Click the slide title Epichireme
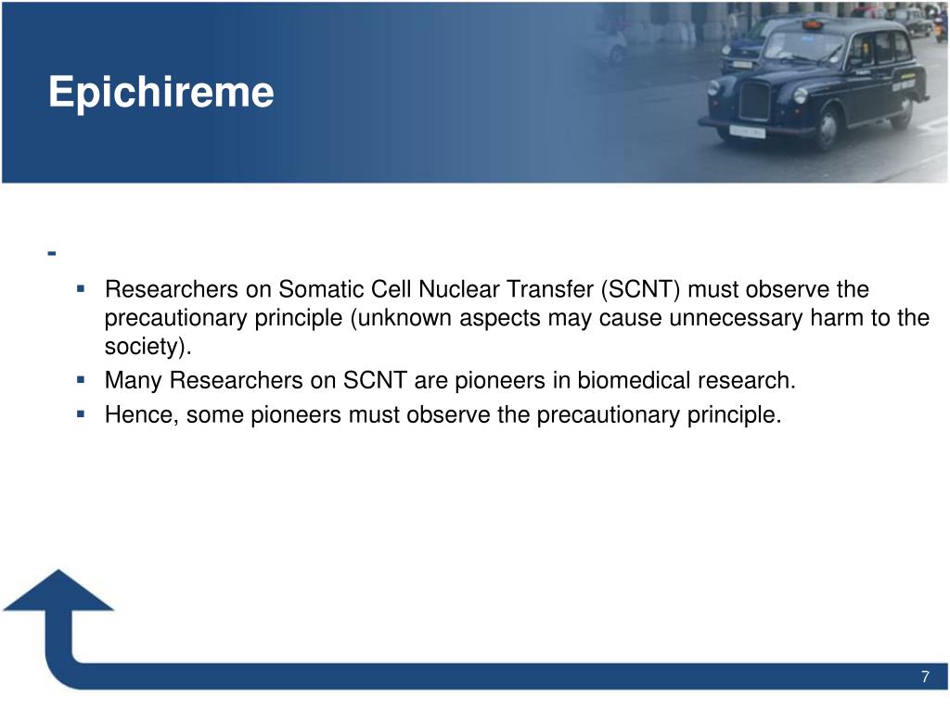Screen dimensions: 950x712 (x=161, y=93)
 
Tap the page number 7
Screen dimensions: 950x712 (x=925, y=677)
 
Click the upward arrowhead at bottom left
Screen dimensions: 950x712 (x=58, y=591)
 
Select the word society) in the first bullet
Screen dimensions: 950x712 (x=148, y=347)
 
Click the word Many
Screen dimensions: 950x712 (x=133, y=381)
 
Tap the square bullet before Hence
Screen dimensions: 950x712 (x=81, y=414)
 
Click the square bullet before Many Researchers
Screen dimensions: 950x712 (x=81, y=380)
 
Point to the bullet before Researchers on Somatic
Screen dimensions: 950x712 (x=81, y=289)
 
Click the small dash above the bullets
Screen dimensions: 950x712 (x=52, y=253)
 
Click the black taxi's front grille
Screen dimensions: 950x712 (x=753, y=100)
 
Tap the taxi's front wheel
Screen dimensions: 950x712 (x=827, y=129)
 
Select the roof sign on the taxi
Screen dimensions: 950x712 (x=809, y=23)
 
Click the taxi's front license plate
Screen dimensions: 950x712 (x=747, y=131)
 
